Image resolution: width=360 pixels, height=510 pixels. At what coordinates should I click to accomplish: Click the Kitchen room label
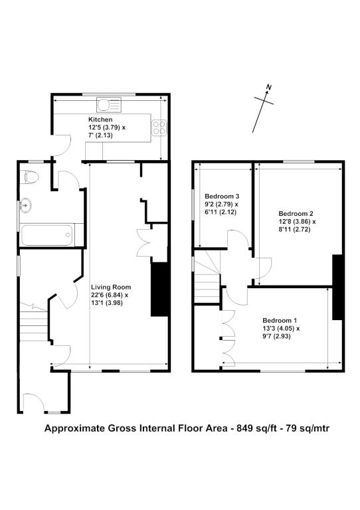(x=100, y=120)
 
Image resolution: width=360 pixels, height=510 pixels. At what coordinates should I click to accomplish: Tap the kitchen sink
(x=109, y=105)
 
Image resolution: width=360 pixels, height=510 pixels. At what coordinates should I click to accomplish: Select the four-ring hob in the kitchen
(x=159, y=127)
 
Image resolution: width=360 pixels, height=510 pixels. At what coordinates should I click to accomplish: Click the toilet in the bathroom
(x=29, y=177)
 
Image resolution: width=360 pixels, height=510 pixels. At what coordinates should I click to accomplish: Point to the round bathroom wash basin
(x=25, y=206)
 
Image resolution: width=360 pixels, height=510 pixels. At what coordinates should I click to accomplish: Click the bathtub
(x=47, y=234)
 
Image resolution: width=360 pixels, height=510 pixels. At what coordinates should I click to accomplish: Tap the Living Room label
(x=111, y=287)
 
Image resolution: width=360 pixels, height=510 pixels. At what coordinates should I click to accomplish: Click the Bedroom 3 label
(x=222, y=197)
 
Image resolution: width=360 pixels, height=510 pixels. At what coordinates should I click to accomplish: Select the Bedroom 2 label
(x=296, y=214)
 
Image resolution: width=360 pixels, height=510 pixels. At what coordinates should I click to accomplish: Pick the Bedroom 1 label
(x=280, y=320)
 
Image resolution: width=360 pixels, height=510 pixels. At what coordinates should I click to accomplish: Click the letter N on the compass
(x=268, y=87)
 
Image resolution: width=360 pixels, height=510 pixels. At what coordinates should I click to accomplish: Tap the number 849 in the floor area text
(x=244, y=428)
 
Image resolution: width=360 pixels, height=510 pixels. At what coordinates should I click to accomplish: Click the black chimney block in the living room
(x=159, y=289)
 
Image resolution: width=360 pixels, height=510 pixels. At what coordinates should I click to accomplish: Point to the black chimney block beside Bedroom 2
(x=337, y=287)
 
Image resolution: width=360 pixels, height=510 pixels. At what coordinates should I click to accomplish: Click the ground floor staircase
(x=34, y=322)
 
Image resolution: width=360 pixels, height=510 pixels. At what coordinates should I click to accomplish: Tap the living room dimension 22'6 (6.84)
(x=110, y=296)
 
